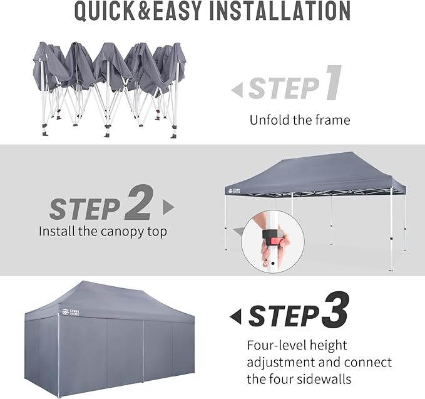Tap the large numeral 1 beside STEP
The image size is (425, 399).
[x=333, y=83]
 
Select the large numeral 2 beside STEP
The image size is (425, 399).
[x=139, y=202]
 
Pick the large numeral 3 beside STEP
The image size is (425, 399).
[x=335, y=309]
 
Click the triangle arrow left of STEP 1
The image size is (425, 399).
[x=237, y=90]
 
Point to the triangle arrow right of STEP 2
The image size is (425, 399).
[x=168, y=207]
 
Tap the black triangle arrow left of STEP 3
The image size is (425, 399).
[x=235, y=316]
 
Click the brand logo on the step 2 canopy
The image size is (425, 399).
[x=235, y=191]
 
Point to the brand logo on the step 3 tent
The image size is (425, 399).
[x=71, y=312]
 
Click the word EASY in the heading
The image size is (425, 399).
[x=177, y=11]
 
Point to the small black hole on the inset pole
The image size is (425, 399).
[x=273, y=263]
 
